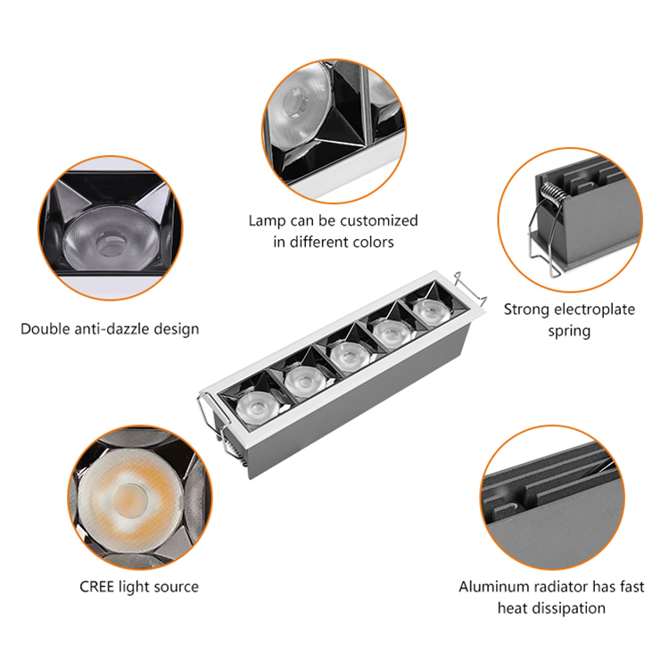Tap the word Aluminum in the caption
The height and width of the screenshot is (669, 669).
pos(492,587)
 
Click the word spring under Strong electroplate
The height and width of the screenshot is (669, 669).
pos(569,331)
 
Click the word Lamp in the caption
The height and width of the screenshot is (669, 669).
pos(266,220)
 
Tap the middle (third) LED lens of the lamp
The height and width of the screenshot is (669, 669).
pos(344,355)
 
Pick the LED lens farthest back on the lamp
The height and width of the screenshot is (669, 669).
pos(428,310)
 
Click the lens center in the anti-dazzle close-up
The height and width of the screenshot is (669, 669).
pos(111,240)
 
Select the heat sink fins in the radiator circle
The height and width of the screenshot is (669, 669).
pos(553,486)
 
